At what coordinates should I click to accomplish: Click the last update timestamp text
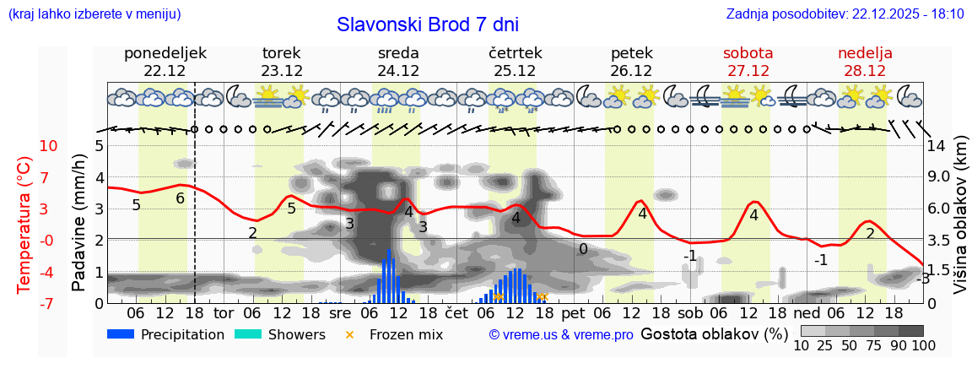[x=845, y=14]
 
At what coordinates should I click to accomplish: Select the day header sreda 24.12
[x=398, y=62]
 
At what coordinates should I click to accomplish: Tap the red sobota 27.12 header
[x=748, y=62]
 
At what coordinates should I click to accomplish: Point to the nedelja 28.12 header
[x=864, y=62]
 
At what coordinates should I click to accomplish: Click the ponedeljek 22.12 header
[x=165, y=62]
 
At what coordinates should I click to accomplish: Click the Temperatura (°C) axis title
[x=25, y=225]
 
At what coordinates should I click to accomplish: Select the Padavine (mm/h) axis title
[x=79, y=223]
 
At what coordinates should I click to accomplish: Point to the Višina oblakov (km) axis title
[x=960, y=223]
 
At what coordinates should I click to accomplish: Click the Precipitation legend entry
[x=165, y=334]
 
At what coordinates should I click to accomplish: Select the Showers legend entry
[x=279, y=334]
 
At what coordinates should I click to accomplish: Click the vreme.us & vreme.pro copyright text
[x=561, y=334]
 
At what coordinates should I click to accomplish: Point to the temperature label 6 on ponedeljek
[x=180, y=198]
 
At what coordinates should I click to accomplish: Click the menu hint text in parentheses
[x=94, y=14]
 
